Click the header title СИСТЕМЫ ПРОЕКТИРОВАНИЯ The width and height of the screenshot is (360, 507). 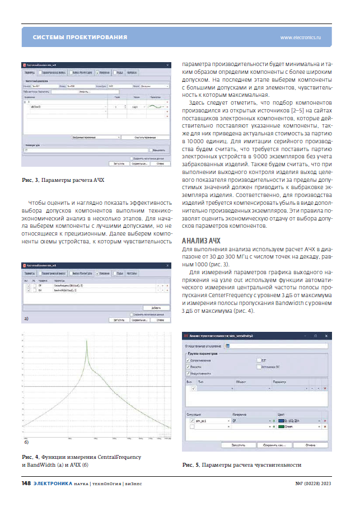click(80, 37)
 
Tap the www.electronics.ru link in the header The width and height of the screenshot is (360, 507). click(300, 37)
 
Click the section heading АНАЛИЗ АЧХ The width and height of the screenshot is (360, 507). click(202, 241)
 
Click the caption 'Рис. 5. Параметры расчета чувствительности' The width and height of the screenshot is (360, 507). click(241, 465)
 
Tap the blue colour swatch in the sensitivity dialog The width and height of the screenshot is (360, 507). click(282, 420)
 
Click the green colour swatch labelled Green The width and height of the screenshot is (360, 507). click(282, 426)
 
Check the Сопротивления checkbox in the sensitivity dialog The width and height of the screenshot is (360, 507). click(188, 360)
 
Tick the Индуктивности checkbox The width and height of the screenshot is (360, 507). click(188, 373)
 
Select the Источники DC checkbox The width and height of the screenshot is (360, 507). click(258, 367)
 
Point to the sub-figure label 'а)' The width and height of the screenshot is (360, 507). click(25, 318)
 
